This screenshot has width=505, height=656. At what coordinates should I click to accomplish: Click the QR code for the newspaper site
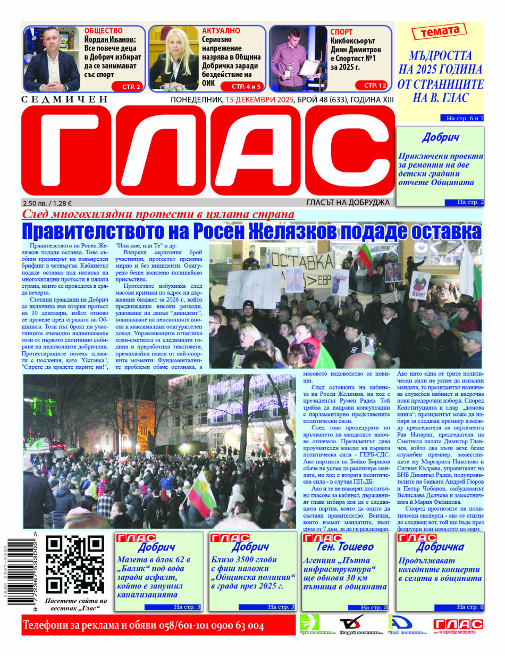point(74,564)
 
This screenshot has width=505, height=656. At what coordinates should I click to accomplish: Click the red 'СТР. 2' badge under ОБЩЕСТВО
point(127,86)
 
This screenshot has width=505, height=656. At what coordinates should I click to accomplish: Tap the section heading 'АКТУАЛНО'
point(221,31)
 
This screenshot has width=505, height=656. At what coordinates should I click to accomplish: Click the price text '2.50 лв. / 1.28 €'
point(47,203)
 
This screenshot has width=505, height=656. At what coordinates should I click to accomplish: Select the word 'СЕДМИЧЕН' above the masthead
point(64,99)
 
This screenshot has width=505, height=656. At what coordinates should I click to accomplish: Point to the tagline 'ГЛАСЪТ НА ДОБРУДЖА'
point(348,202)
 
